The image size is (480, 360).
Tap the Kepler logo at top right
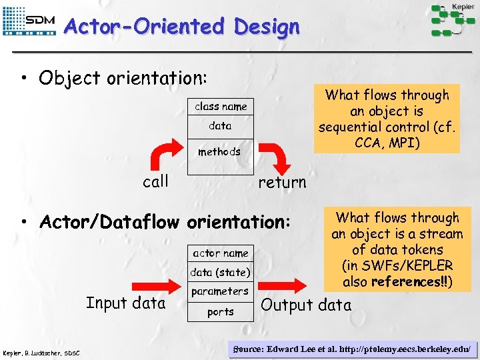pos(453,19)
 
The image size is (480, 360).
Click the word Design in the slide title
pos(267,27)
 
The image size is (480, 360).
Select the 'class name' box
pos(220,107)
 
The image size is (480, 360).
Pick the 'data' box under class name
pos(220,125)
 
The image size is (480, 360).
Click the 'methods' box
pos(219,151)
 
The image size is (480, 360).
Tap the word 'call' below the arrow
pos(156,181)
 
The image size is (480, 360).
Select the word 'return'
pos(282,182)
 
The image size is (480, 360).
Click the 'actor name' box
pos(220,253)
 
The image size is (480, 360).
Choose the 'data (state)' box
pos(220,272)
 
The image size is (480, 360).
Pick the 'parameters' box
pos(219,291)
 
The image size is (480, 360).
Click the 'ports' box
pos(220,311)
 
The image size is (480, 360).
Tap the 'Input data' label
pos(125,303)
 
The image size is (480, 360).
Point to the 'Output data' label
pos(306,305)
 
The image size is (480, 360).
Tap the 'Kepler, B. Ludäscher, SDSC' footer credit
pos(41,352)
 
